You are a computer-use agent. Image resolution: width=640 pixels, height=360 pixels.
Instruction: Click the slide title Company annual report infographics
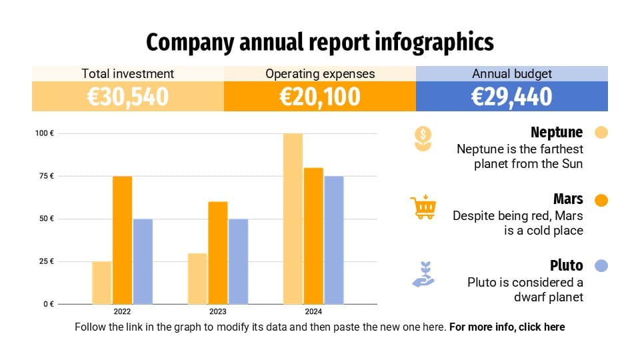tap(320, 42)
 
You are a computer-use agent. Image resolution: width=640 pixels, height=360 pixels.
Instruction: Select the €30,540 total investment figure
tap(127, 97)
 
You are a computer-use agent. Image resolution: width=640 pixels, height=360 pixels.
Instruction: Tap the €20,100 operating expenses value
tap(320, 97)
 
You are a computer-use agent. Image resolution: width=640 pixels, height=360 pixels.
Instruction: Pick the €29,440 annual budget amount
tap(511, 97)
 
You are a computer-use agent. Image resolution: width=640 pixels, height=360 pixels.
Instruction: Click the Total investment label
tap(127, 74)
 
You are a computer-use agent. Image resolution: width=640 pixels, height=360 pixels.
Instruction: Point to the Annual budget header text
tap(511, 74)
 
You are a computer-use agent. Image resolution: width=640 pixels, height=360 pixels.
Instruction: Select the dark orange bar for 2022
tap(122, 240)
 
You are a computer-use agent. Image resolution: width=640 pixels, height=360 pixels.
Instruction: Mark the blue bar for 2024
tap(334, 240)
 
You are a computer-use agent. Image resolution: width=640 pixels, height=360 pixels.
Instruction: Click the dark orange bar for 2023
tap(217, 253)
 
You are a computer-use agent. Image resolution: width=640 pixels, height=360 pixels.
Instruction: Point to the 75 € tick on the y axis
tap(45, 176)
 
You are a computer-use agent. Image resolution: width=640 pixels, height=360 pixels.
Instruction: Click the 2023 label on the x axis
tap(217, 312)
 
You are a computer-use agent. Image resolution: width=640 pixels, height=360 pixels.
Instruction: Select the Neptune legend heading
tap(556, 132)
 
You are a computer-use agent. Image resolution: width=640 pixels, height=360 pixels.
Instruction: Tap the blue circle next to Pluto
tap(601, 265)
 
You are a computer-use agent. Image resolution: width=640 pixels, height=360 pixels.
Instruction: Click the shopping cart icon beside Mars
tap(423, 207)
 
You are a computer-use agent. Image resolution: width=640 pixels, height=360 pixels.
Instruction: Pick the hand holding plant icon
tap(423, 275)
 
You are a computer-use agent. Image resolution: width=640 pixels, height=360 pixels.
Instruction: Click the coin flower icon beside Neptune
tap(423, 139)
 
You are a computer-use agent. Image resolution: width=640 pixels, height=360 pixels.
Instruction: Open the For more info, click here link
tap(507, 327)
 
